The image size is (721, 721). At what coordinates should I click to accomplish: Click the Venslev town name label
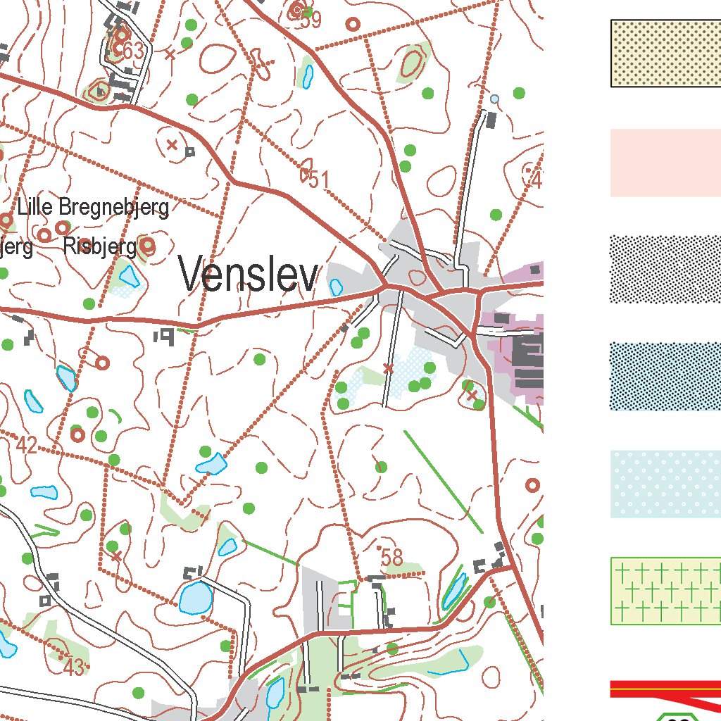(249, 274)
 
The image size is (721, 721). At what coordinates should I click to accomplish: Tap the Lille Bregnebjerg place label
(94, 208)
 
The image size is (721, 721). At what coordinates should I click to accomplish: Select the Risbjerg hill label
(99, 247)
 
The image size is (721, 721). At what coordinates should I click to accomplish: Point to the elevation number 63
(132, 51)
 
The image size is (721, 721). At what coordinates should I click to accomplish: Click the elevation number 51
(318, 180)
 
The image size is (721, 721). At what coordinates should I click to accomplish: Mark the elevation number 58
(391, 558)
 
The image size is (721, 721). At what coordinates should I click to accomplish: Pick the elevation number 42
(26, 445)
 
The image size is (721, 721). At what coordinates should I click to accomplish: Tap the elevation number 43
(73, 666)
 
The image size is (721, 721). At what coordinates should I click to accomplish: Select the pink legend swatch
(665, 163)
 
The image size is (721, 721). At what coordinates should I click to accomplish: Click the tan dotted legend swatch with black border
(665, 54)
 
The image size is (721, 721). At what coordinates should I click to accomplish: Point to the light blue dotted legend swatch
(665, 484)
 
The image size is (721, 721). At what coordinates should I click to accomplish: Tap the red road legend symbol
(665, 689)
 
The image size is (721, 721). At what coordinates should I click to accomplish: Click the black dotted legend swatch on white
(665, 269)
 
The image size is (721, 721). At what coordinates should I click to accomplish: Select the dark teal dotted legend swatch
(665, 377)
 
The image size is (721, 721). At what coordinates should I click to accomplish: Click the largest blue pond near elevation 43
(196, 598)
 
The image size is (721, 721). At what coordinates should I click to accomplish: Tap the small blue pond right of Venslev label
(336, 287)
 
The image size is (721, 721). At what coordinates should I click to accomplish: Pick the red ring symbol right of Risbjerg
(147, 246)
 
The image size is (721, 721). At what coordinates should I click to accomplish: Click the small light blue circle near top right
(494, 99)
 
